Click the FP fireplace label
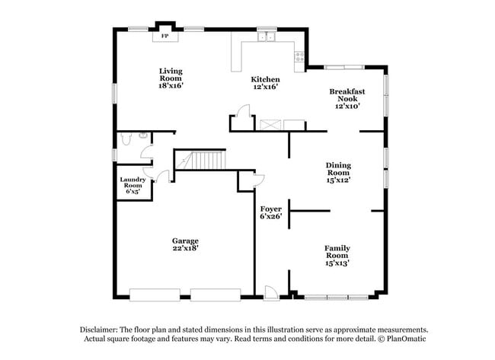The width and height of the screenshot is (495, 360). pyautogui.click(x=165, y=36)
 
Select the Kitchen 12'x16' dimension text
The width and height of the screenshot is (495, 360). pyautogui.click(x=265, y=87)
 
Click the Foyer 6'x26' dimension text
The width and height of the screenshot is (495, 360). pyautogui.click(x=271, y=216)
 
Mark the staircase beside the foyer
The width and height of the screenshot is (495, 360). pyautogui.click(x=207, y=161)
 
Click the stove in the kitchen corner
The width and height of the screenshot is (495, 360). pyautogui.click(x=299, y=55)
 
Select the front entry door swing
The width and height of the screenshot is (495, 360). pyautogui.click(x=270, y=291)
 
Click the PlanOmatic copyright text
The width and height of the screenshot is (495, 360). pyautogui.click(x=396, y=337)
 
